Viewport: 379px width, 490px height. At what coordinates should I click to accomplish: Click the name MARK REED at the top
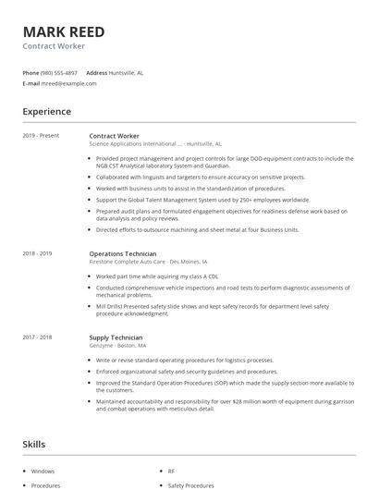[x=64, y=31]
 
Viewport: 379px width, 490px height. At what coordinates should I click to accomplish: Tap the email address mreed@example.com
[x=69, y=83]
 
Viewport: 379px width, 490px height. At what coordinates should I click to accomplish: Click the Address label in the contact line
[x=96, y=72]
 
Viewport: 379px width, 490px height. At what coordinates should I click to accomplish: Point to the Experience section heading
[x=46, y=112]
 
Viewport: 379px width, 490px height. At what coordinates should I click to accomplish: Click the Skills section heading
[x=33, y=445]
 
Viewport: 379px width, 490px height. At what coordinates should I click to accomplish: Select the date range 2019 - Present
[x=41, y=136]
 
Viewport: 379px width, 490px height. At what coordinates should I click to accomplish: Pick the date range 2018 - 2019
[x=37, y=253]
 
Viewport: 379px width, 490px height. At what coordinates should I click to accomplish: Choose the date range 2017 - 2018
[x=37, y=338]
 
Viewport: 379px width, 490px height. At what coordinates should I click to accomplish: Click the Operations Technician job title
[x=123, y=253]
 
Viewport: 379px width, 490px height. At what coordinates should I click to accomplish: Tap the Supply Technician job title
[x=117, y=338]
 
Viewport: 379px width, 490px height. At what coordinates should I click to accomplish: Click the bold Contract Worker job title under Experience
[x=114, y=136]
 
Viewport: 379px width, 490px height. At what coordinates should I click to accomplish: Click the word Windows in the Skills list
[x=43, y=472]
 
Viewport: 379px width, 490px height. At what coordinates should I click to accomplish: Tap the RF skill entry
[x=171, y=472]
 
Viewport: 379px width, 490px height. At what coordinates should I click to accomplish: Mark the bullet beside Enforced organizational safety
[x=90, y=371]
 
